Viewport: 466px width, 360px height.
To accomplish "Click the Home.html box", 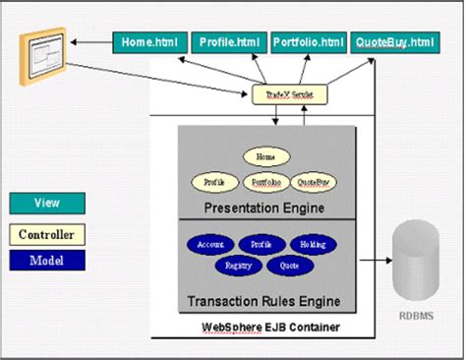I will tap(146, 42).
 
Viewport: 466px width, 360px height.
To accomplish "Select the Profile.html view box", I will tap(228, 42).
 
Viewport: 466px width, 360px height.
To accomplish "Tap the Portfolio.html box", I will tap(309, 42).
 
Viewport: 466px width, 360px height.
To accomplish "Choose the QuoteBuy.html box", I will tap(394, 42).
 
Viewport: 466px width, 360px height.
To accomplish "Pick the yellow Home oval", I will tap(263, 156).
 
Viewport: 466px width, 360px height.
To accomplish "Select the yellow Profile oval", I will tap(214, 182).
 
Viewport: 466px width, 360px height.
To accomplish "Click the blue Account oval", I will tap(210, 244).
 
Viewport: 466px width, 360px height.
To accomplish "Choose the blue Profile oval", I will tap(261, 244).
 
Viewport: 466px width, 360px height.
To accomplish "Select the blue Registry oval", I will tap(237, 265).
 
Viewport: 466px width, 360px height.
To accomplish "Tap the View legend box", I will tap(47, 203).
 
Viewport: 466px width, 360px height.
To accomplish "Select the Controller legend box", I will tap(47, 234).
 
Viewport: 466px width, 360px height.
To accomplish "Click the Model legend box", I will tap(47, 260).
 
